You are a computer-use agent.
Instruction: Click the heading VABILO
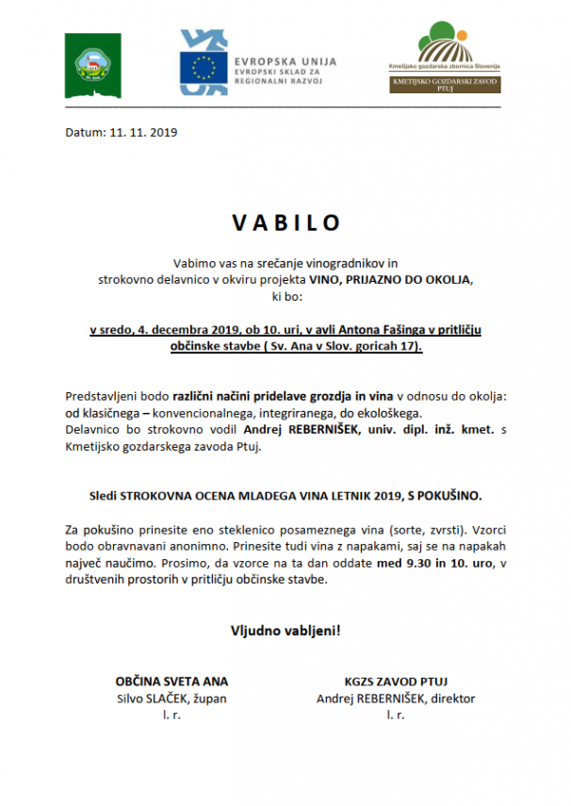coord(285,223)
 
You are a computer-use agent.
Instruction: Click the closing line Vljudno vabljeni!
coord(285,630)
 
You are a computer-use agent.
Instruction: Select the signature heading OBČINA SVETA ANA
coord(171,681)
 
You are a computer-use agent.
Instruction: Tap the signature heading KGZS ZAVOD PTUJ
coord(396,681)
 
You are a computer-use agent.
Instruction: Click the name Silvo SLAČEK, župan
coord(171,699)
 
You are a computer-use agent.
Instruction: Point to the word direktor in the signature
coord(451,699)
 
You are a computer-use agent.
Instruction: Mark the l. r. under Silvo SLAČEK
coord(171,716)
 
